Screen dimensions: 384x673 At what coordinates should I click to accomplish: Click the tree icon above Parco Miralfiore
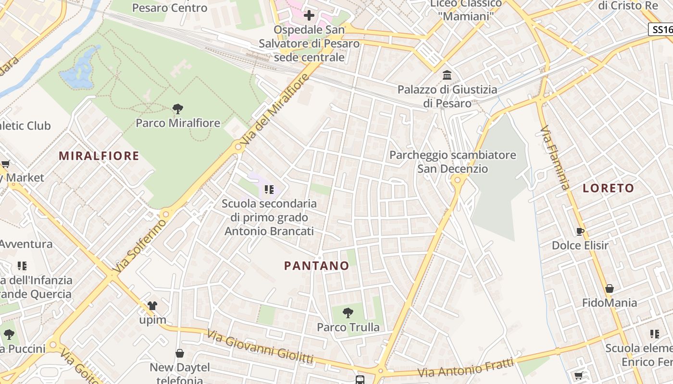tap(178, 109)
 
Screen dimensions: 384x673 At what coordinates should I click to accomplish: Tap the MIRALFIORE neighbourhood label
tap(99, 156)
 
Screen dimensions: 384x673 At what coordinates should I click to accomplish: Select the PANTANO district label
tap(316, 265)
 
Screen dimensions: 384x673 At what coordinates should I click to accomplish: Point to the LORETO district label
tap(608, 188)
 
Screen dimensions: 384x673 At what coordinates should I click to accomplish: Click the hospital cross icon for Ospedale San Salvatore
tap(309, 15)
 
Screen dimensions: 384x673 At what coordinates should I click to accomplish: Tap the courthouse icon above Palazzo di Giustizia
tap(447, 75)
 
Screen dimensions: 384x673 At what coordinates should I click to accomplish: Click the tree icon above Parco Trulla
tap(348, 313)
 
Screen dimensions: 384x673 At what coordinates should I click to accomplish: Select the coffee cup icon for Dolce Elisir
tap(580, 231)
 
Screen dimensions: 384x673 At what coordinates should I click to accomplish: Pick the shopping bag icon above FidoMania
tap(609, 288)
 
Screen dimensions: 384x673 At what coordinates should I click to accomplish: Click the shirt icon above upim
tap(152, 306)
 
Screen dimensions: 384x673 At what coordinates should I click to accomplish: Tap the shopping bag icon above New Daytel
tap(180, 354)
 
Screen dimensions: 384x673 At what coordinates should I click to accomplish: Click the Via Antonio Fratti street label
tap(466, 368)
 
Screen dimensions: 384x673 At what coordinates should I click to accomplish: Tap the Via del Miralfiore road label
tap(274, 111)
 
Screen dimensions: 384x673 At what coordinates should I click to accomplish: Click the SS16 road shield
tap(661, 29)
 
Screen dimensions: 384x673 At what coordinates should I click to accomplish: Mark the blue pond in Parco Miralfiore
tap(80, 70)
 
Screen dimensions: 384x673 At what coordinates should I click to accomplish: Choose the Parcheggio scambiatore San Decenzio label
tap(452, 162)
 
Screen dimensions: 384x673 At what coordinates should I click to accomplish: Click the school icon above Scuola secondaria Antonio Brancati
tap(269, 190)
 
